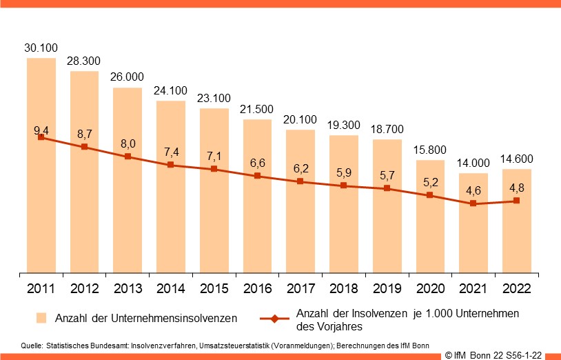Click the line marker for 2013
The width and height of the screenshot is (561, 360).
click(x=127, y=157)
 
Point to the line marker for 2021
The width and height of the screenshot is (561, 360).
click(x=473, y=203)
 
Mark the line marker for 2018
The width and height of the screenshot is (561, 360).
click(x=343, y=186)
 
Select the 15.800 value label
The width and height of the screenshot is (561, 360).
click(x=429, y=150)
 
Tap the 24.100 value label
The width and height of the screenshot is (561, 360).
click(x=170, y=90)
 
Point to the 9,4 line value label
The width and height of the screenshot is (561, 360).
click(x=41, y=129)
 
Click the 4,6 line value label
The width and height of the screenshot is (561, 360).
click(x=473, y=190)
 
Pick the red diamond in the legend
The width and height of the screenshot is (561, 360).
click(x=274, y=319)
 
